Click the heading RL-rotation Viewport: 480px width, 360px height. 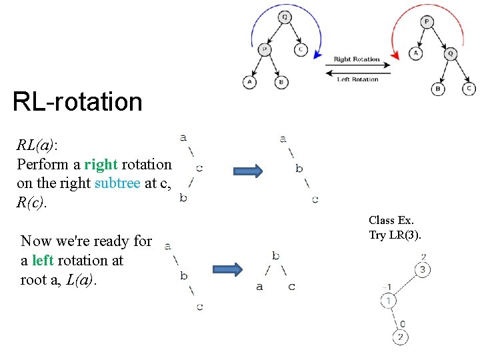pos(77,102)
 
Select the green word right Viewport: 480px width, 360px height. pos(101,164)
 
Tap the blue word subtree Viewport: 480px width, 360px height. pos(117,183)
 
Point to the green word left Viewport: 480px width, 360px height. pos(43,260)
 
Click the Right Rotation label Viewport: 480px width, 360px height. pos(357,59)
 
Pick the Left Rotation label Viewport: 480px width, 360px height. pos(357,79)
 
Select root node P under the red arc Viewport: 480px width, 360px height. pos(427,22)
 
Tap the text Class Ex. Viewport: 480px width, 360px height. pos(391,220)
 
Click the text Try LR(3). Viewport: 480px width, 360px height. pos(395,235)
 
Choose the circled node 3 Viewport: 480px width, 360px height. pos(421,270)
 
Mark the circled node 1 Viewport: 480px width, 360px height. pos(388,301)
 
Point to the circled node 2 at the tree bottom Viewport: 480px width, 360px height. pos(400,337)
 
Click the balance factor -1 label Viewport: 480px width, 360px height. pos(386,287)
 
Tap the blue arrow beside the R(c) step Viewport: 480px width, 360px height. pos(247,171)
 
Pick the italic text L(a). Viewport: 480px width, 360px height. pos(81,280)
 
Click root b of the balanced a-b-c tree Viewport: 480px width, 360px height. pos(275,255)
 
